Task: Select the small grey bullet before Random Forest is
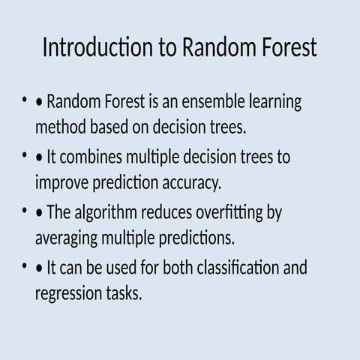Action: [x=25, y=100]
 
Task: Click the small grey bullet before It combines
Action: [x=25, y=155]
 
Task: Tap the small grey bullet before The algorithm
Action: [x=25, y=211]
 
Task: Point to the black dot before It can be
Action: [x=40, y=268]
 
